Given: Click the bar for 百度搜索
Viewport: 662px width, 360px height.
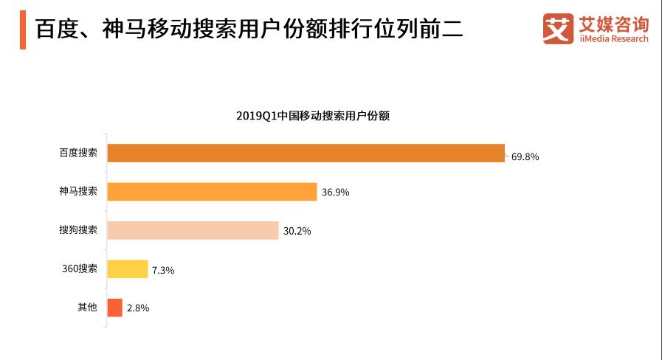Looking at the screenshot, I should click(x=306, y=153).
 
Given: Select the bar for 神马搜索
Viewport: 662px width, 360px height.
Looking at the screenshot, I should click(x=212, y=192).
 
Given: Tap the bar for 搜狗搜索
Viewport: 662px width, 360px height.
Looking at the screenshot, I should click(x=193, y=230).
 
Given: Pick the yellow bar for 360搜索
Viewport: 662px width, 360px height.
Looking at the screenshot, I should click(x=128, y=269).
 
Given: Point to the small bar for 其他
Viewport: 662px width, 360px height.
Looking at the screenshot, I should click(x=114, y=308).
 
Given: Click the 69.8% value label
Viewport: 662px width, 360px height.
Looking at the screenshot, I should click(x=525, y=157).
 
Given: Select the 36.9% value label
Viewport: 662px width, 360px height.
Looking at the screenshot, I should click(x=335, y=193).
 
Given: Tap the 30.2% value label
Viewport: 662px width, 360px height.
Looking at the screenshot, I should click(x=297, y=231).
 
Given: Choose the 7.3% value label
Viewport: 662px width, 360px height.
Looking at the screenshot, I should click(x=163, y=270).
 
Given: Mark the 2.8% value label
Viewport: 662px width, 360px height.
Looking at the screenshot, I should click(x=138, y=308).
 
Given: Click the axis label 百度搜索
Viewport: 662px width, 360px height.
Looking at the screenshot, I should click(x=78, y=153).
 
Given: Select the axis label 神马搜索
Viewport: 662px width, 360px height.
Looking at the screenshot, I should click(x=78, y=192).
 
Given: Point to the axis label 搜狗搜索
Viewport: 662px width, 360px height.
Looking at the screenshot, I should click(x=78, y=230).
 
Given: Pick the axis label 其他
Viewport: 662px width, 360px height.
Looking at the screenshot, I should click(x=87, y=308).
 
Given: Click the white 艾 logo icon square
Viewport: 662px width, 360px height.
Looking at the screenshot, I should click(x=558, y=29).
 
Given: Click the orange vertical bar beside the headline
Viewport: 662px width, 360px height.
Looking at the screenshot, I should click(x=23, y=30).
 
